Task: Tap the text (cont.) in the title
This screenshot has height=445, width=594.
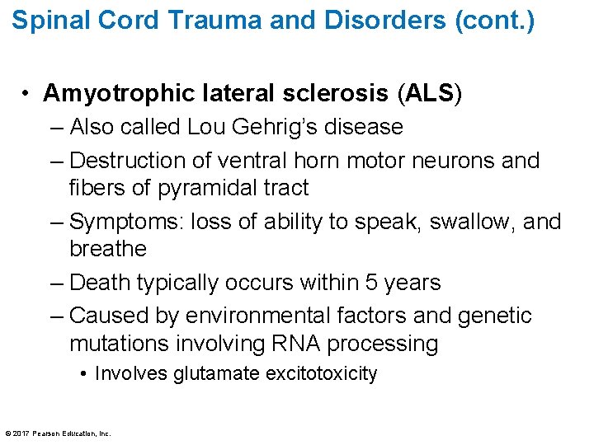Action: click(x=495, y=20)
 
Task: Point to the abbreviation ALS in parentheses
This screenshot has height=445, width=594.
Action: click(x=429, y=94)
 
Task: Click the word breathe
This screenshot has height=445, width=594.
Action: click(x=108, y=249)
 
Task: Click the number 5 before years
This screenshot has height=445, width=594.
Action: click(x=369, y=283)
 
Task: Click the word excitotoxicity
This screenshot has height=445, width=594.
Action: click(x=322, y=373)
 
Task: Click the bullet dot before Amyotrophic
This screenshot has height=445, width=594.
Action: click(x=27, y=95)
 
